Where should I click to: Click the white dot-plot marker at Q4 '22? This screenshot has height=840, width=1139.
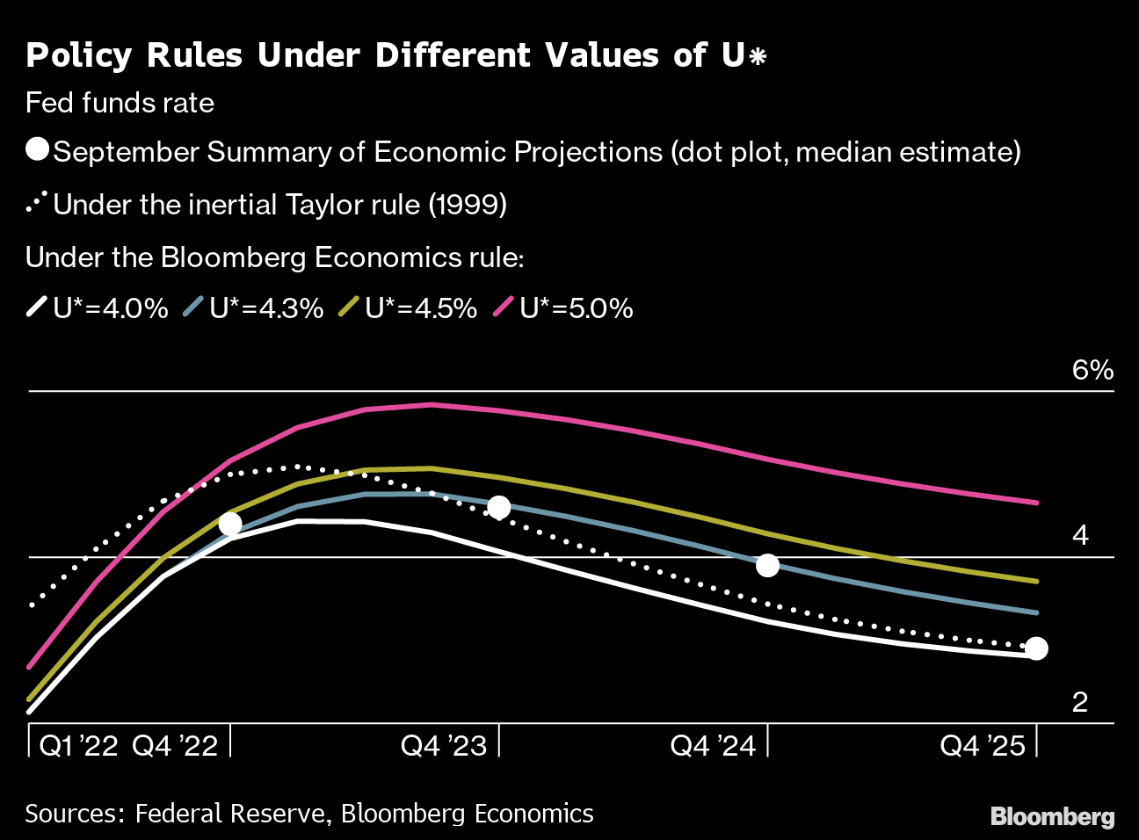230,524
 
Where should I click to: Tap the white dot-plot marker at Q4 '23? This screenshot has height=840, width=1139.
499,507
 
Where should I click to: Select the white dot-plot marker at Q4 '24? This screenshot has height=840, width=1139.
768,565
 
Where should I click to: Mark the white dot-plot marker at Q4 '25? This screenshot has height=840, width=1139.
1037,648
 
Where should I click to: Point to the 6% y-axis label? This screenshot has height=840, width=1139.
1092,370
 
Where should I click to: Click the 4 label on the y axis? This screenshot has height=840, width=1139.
1080,535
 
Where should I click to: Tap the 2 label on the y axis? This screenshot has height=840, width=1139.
1080,701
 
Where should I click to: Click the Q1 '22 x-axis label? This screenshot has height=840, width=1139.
79,746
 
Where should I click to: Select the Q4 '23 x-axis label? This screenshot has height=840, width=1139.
444,746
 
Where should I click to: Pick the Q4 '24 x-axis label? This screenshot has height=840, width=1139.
713,746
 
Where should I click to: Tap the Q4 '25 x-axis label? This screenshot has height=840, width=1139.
983,746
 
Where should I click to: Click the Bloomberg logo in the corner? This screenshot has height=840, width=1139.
1052,816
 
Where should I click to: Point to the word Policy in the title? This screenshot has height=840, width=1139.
79,55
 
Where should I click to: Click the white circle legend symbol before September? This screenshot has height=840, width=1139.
38,149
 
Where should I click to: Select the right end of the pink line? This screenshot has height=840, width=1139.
1037,503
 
